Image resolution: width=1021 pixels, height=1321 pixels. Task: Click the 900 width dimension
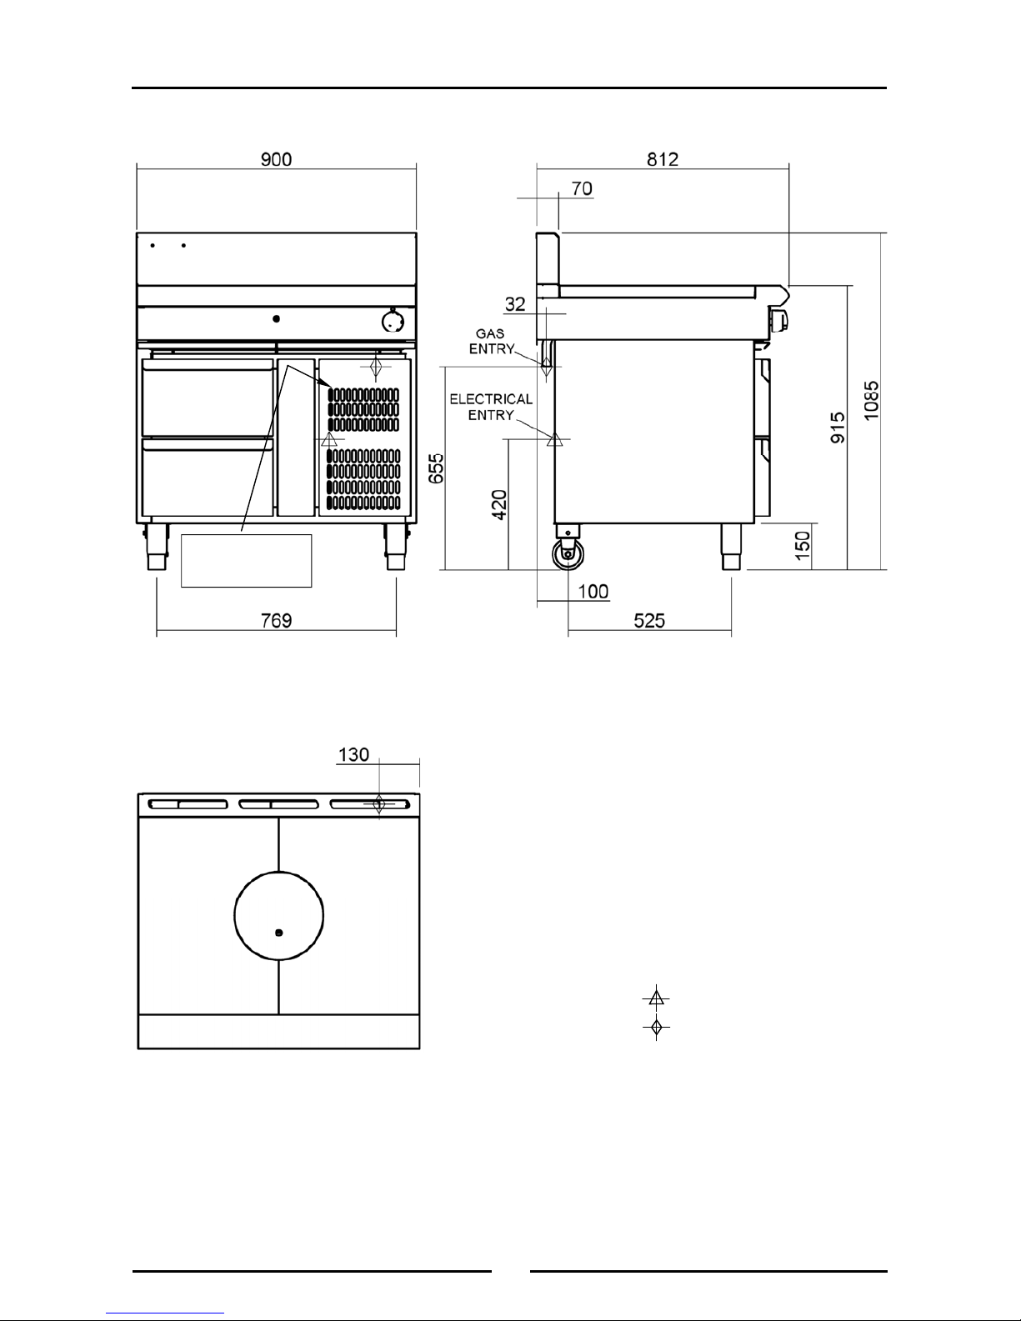pos(276,159)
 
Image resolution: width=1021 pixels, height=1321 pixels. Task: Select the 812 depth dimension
pos(663,159)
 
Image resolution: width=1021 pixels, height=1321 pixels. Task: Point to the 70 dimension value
pos(582,188)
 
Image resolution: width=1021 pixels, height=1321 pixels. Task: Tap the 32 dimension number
pos(515,304)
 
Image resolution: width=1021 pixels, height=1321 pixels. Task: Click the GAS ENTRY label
pos(491,341)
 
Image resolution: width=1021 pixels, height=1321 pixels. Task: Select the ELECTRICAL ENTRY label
pos(491,407)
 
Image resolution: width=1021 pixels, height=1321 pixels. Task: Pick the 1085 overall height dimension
pos(872,400)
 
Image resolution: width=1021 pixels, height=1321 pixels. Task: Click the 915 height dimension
pos(838,428)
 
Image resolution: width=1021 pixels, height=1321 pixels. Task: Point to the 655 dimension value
pos(437,468)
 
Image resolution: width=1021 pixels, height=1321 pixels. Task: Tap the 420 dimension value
pos(499,504)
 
